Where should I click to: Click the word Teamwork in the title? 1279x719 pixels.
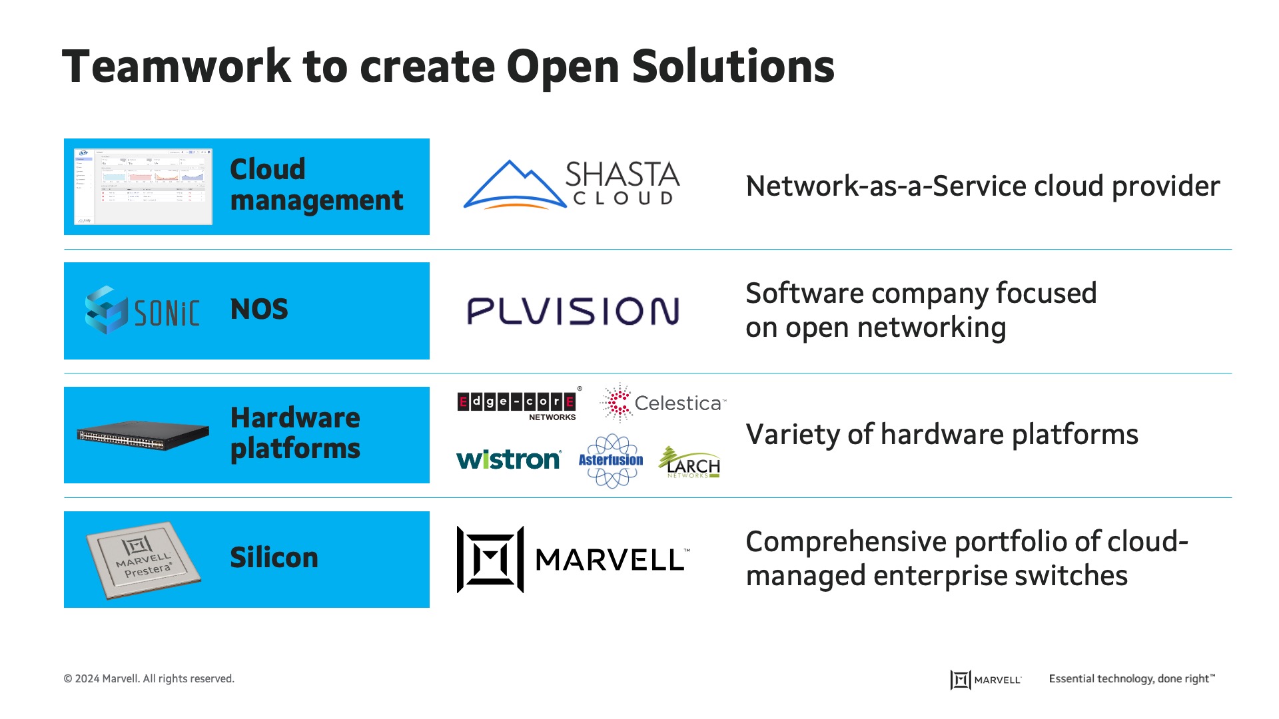[177, 67]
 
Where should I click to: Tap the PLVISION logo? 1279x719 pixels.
[573, 311]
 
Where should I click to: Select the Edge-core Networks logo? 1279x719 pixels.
[518, 403]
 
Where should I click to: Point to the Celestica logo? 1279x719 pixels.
[663, 403]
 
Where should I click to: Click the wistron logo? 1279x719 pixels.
[508, 459]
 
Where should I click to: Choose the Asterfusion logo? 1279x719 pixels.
[611, 460]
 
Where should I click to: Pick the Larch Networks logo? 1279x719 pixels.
[690, 462]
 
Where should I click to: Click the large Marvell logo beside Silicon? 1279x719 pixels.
[573, 559]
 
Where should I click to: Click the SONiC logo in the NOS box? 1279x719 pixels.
[143, 311]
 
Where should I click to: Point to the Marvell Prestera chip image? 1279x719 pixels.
[143, 559]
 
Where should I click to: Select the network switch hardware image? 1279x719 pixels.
[143, 435]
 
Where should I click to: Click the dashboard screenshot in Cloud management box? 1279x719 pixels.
[143, 186]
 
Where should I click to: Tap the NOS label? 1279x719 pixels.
[259, 310]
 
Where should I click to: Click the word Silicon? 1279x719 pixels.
[274, 558]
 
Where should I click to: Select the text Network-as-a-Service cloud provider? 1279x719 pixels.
[983, 186]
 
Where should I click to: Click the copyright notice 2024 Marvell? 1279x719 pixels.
[149, 679]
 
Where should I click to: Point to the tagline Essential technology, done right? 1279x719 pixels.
[1131, 679]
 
